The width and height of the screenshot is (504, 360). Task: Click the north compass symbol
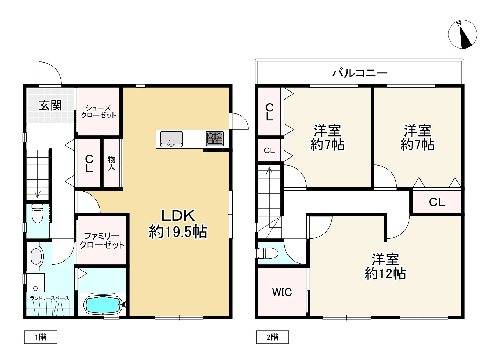pyautogui.click(x=462, y=34)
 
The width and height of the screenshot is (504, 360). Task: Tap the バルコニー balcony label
pyautogui.click(x=359, y=73)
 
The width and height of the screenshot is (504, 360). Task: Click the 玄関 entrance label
pyautogui.click(x=50, y=105)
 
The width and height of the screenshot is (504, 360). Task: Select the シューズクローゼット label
pyautogui.click(x=98, y=112)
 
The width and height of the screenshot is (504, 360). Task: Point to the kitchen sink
pyautogui.click(x=171, y=139)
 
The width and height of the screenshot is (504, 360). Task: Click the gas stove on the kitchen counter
pyautogui.click(x=214, y=138)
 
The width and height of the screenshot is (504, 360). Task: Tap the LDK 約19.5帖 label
pyautogui.click(x=178, y=224)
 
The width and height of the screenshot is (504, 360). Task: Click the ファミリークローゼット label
pyautogui.click(x=102, y=241)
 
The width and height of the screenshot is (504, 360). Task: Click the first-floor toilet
pyautogui.click(x=37, y=213)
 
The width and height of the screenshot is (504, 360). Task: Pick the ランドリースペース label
pyautogui.click(x=50, y=298)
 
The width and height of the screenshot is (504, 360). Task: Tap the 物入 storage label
pyautogui.click(x=111, y=163)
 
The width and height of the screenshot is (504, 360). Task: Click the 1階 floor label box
pyautogui.click(x=41, y=337)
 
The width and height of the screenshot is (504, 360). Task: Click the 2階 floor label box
pyautogui.click(x=272, y=337)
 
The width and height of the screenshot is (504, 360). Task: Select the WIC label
pyautogui.click(x=282, y=292)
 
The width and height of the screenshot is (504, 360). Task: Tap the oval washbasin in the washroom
pyautogui.click(x=36, y=257)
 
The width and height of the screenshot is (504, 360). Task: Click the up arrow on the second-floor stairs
pyautogui.click(x=269, y=171)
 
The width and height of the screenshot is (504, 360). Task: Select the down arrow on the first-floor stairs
pyautogui.click(x=37, y=194)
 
